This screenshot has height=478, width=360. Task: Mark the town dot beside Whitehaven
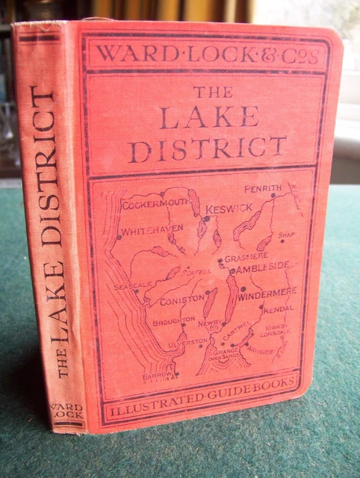pyautogui.click(x=119, y=238)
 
